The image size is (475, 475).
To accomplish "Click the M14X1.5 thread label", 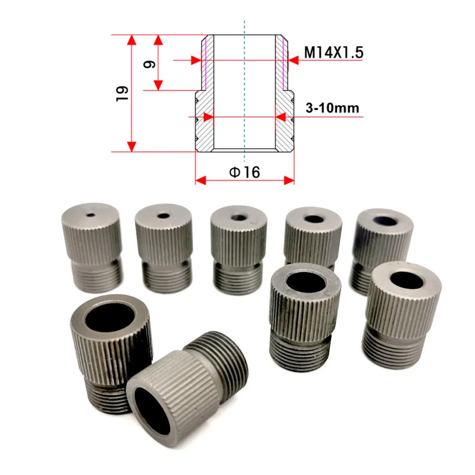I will point(333,52).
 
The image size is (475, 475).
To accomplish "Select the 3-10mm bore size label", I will point(332,108).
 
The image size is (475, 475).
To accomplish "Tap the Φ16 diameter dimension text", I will point(245,172).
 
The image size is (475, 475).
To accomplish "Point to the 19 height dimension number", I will point(122,92).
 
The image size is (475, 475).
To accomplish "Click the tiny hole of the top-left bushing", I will point(90,214).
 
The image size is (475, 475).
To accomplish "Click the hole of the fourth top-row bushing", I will point(313,219).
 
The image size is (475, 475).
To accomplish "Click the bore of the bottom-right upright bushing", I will point(407,280).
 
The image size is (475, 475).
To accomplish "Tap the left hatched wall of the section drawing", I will point(205,119).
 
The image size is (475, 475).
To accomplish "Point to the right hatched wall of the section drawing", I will point(284,119).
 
